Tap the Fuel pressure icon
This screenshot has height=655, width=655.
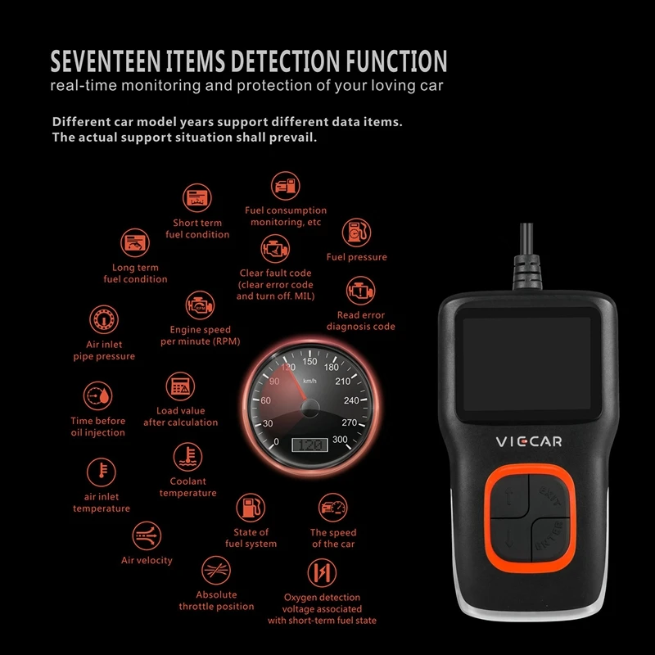point(356,233)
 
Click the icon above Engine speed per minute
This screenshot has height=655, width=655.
point(199,306)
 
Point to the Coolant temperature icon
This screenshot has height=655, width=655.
point(188,457)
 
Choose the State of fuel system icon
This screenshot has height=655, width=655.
point(251,508)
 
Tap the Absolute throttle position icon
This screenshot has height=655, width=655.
point(216,571)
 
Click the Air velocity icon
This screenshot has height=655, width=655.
point(147,536)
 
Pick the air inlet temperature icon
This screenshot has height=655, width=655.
point(102,472)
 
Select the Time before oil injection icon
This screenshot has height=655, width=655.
point(98,397)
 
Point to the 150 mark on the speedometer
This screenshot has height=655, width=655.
point(309,361)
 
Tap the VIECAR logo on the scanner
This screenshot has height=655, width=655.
point(527,441)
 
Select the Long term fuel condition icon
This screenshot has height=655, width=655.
point(135,242)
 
